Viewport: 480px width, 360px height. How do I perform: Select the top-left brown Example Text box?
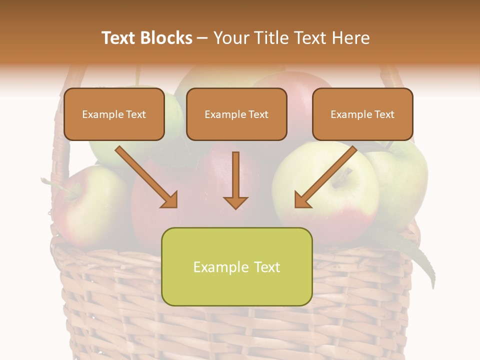114,114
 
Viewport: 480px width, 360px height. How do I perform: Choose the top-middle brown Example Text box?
236,114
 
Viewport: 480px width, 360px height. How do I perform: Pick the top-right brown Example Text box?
362,114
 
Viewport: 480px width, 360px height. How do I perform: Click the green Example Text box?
236,267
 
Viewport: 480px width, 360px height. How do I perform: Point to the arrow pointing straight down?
235,180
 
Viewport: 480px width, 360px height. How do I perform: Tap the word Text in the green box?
265,267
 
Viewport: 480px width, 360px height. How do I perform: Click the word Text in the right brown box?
384,114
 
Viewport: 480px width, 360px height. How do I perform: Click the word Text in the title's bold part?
118,38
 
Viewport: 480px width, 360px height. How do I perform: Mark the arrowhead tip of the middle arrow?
235,208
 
